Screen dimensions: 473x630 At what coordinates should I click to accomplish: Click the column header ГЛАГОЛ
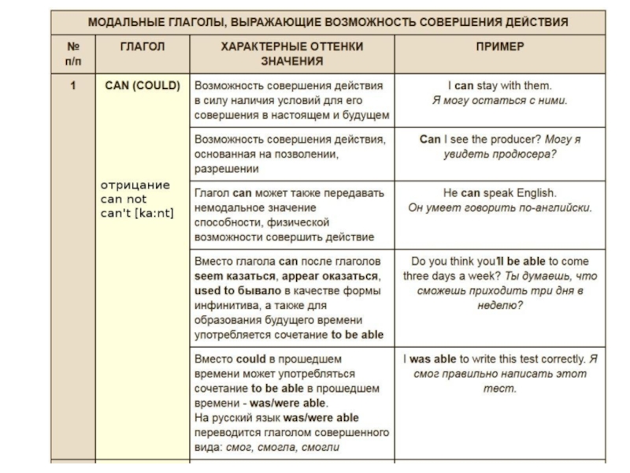(142, 47)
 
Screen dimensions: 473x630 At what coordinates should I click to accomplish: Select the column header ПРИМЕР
(499, 47)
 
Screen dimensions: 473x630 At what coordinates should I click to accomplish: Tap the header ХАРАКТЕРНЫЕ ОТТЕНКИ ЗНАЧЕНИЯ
(291, 54)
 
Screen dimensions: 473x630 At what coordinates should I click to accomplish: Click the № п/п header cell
(72, 54)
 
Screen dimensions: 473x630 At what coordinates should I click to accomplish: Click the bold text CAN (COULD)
(143, 85)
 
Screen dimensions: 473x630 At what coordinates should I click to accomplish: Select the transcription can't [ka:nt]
(137, 213)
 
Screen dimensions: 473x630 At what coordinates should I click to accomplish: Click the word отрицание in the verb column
(135, 185)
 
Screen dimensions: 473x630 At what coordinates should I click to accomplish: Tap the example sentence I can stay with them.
(499, 85)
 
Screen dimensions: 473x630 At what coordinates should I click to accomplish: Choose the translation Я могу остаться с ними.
(499, 100)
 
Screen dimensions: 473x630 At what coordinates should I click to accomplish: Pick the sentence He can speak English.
(499, 192)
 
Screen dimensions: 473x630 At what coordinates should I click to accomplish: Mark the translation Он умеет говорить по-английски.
(499, 208)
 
